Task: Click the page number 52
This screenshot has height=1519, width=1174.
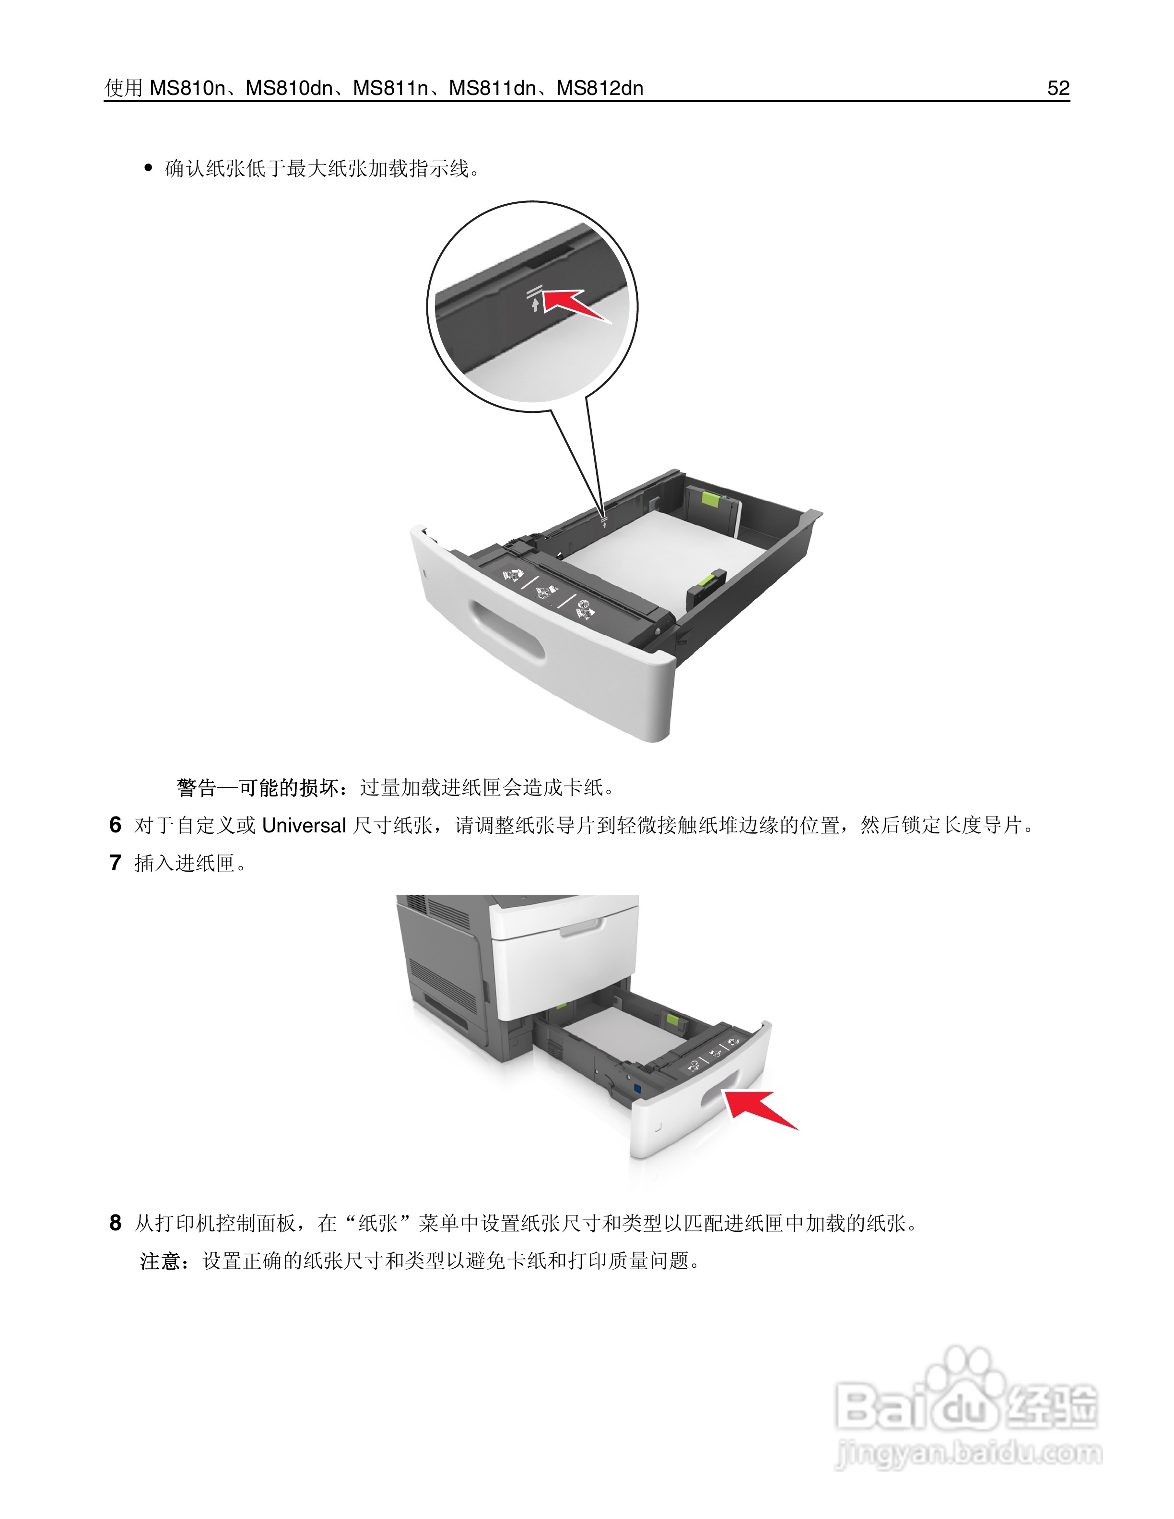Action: pos(1058,88)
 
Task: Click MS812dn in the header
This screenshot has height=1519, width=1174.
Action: pos(599,88)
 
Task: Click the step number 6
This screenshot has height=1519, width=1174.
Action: pos(116,825)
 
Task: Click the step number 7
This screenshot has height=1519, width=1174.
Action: pos(116,863)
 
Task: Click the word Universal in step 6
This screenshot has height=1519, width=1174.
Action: pos(304,826)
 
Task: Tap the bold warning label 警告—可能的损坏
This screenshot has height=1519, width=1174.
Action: pos(258,788)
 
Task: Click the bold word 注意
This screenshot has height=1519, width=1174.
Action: pos(160,1261)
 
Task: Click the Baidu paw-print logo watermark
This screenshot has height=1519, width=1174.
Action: pos(967,1384)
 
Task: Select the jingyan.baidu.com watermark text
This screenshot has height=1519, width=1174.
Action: pos(968,1454)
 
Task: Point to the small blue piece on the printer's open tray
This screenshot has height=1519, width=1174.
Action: pos(637,1085)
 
